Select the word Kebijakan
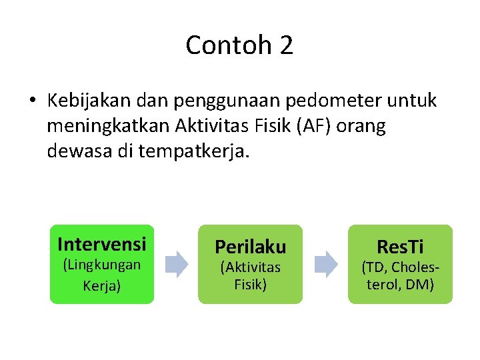click(89, 101)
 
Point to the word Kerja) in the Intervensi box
click(101, 286)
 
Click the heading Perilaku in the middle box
click(250, 247)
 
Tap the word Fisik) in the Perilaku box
click(250, 285)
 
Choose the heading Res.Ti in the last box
click(400, 247)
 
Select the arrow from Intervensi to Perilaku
click(176, 264)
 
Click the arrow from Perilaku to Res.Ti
click(325, 264)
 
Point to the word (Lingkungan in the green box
click(101, 265)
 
